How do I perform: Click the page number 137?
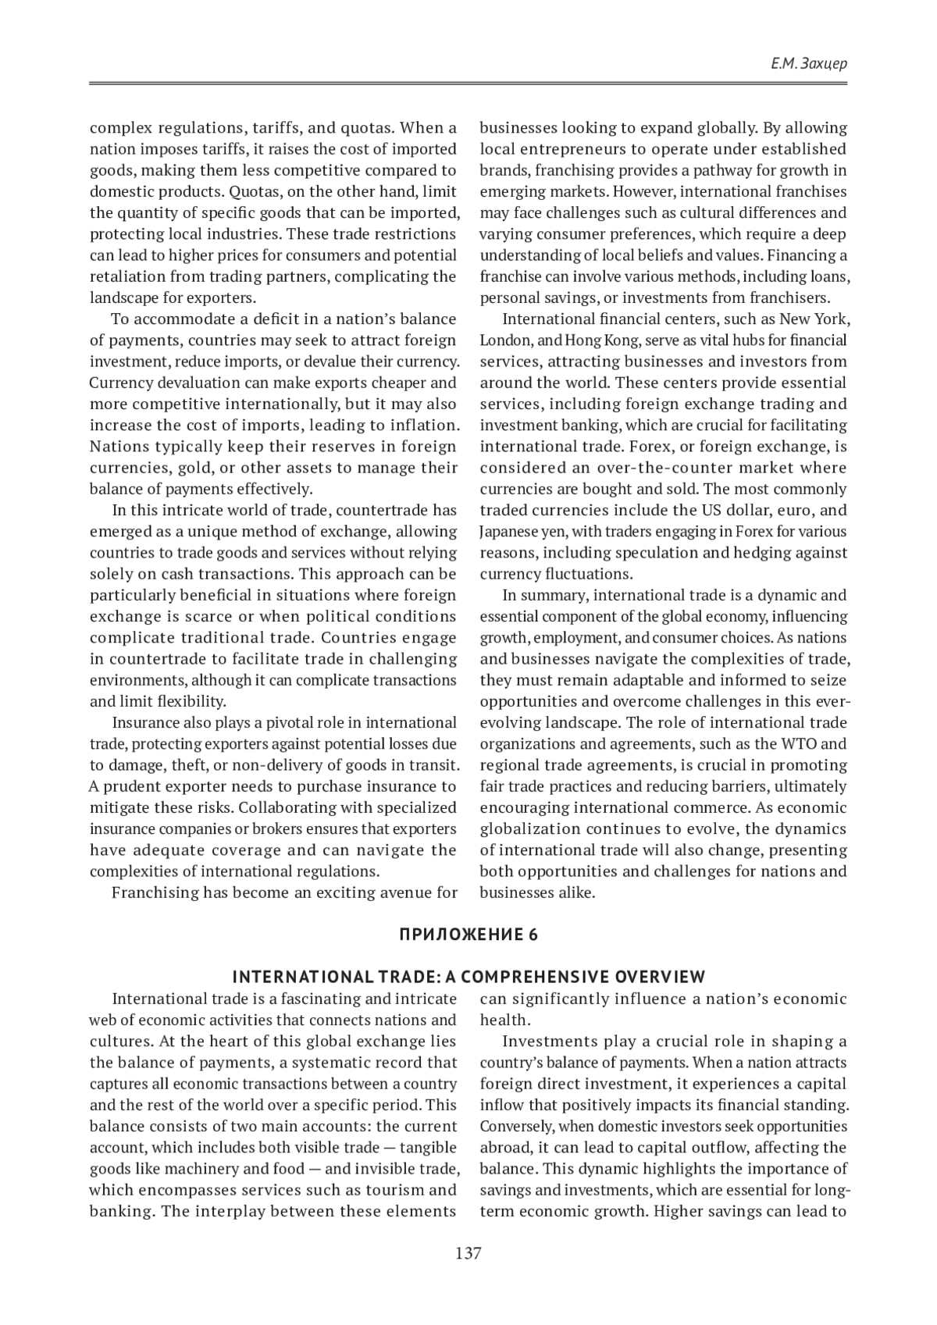[468, 1254]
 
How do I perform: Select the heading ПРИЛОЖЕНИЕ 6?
[468, 935]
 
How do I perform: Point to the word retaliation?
[128, 276]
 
